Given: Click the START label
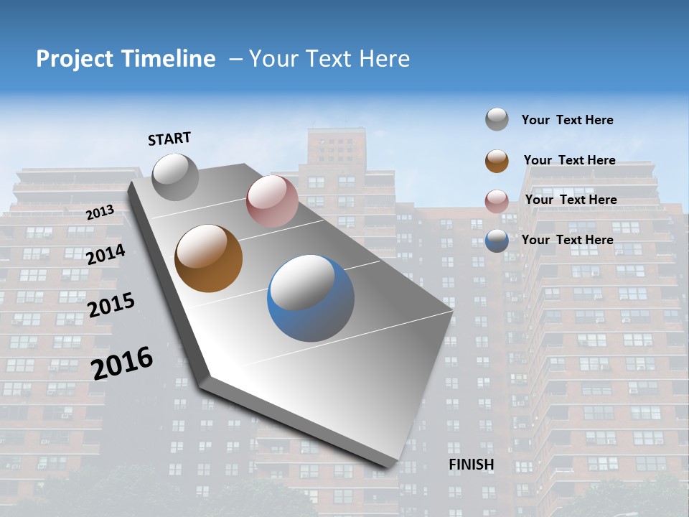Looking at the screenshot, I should [169, 139].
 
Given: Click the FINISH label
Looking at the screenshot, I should [472, 465].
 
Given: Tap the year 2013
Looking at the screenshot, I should [100, 212].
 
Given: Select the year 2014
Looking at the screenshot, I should [106, 254].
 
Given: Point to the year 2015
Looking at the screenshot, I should [111, 304].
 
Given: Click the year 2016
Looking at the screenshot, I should [122, 363].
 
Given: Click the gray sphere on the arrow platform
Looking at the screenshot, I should [175, 177].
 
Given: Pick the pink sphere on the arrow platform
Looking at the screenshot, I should [272, 201].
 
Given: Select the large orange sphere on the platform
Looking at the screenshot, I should [209, 258].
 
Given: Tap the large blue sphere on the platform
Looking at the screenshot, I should [311, 298].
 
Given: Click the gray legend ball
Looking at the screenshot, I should [497, 119].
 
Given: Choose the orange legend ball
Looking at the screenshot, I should [497, 161].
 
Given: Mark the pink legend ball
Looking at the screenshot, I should [497, 201].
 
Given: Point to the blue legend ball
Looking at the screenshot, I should [497, 241].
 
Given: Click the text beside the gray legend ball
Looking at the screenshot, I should [567, 120].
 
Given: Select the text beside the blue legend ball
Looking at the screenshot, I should [567, 240].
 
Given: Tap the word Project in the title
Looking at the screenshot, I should [75, 59].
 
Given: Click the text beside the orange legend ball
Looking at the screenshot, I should [569, 160].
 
